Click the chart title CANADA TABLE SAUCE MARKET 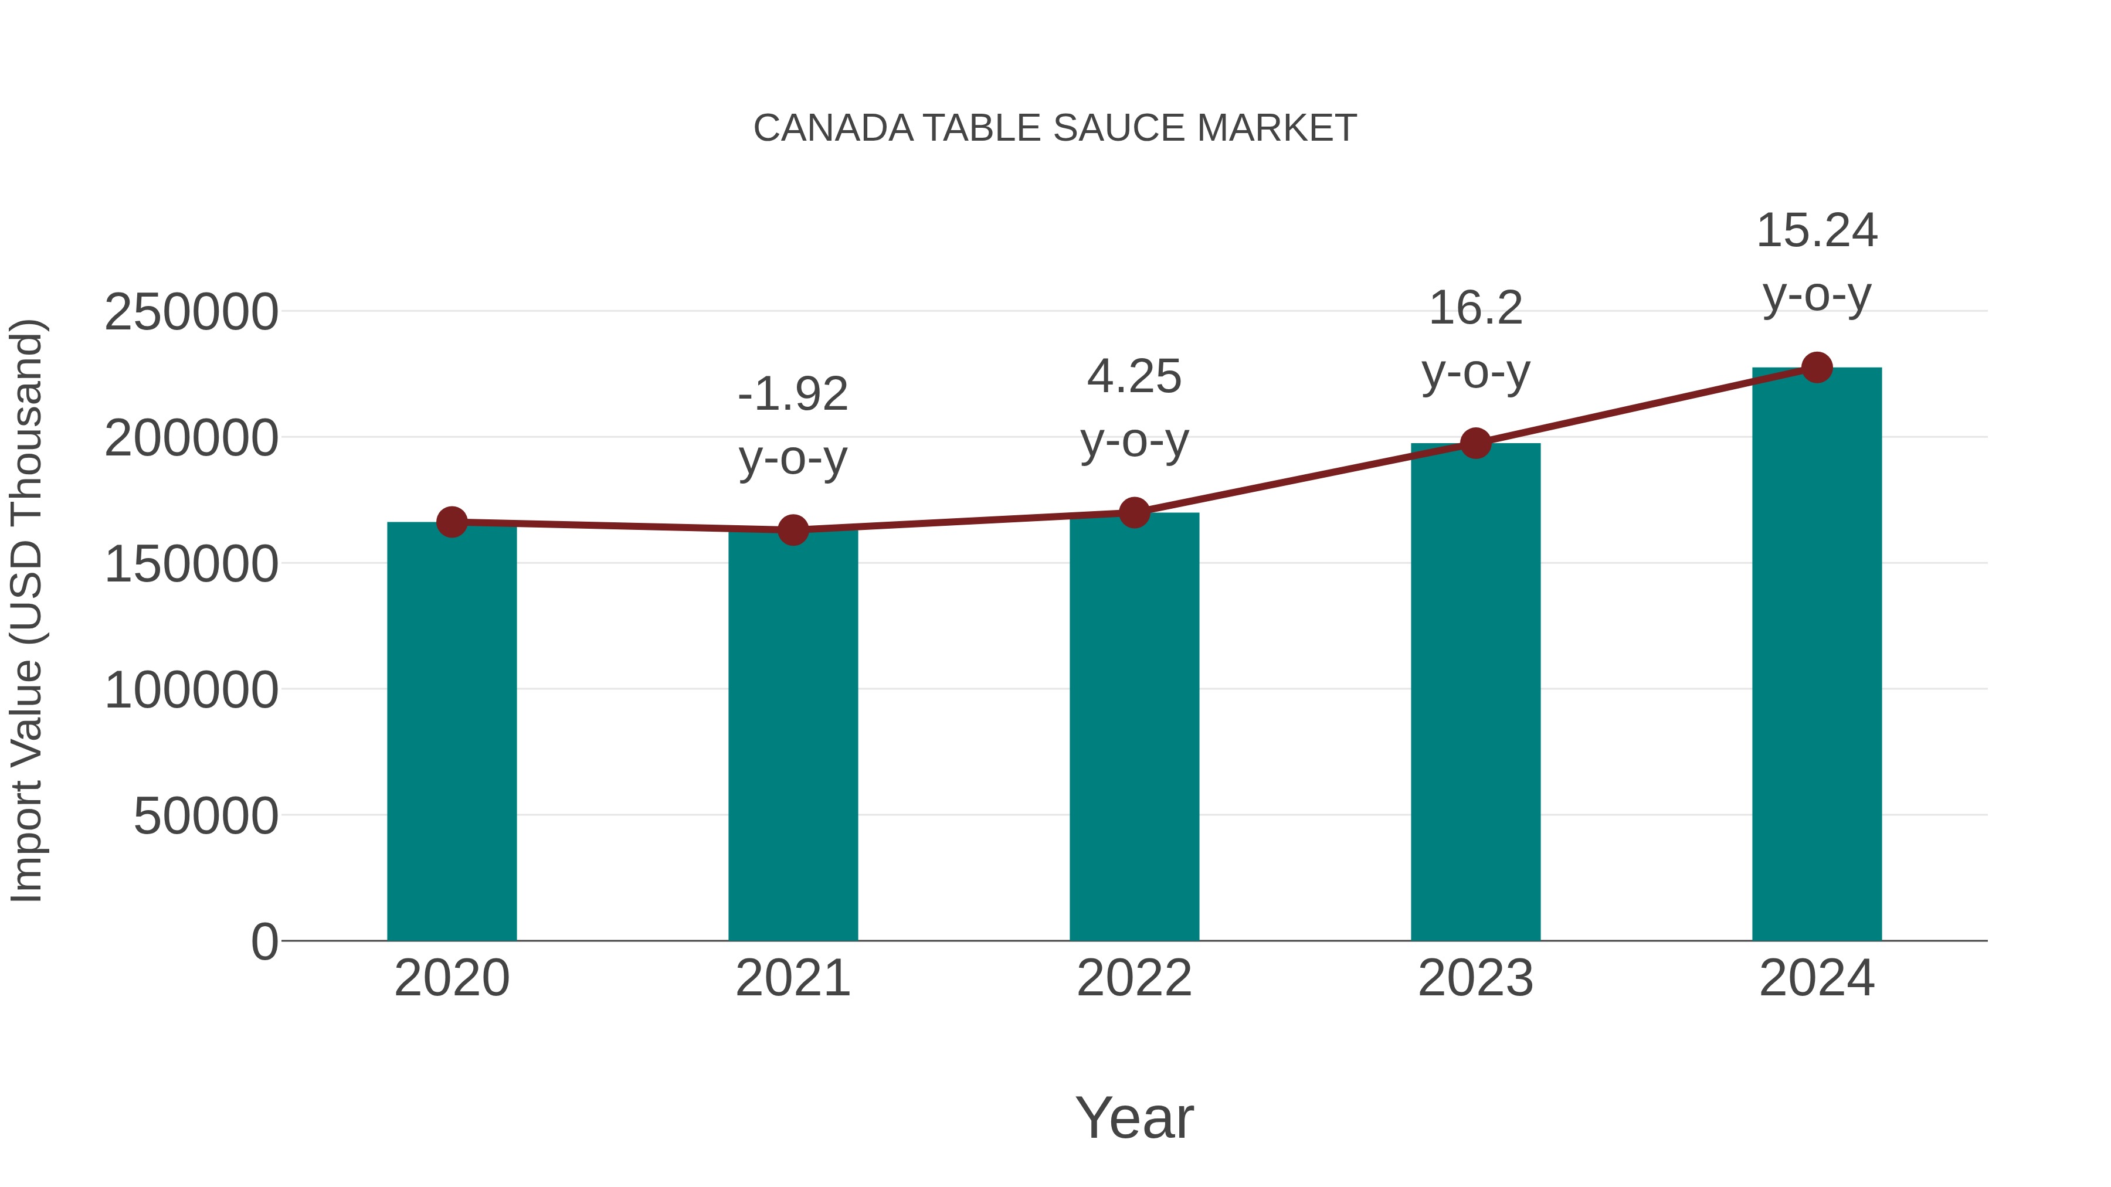click(x=1055, y=128)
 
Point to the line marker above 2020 click(x=452, y=522)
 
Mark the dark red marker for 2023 click(x=1475, y=443)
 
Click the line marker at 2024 click(x=1817, y=368)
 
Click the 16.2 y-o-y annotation click(x=1475, y=340)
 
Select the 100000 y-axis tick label click(x=191, y=690)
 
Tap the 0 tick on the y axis click(x=264, y=941)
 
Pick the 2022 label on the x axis click(x=1134, y=978)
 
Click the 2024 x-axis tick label click(x=1817, y=978)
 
